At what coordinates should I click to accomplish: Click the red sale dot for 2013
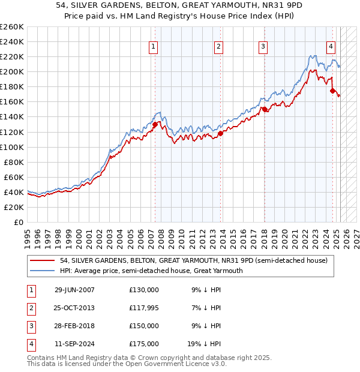pyautogui.click(x=220, y=133)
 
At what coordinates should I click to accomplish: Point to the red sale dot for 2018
pyautogui.click(x=264, y=109)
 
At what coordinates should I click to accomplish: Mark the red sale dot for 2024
pyautogui.click(x=332, y=91)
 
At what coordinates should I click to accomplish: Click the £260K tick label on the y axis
pyautogui.click(x=12, y=27)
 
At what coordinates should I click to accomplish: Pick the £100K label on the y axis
pyautogui.click(x=12, y=147)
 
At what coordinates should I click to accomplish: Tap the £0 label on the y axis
pyautogui.click(x=18, y=222)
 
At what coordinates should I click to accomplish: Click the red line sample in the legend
pyautogui.click(x=43, y=261)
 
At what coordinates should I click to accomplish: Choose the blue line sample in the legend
pyautogui.click(x=43, y=271)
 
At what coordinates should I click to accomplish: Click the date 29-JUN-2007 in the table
pyautogui.click(x=74, y=290)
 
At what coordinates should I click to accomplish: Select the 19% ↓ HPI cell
pyautogui.click(x=204, y=344)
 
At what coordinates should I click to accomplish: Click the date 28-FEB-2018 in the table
pyautogui.click(x=74, y=326)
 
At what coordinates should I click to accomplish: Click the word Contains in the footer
pyautogui.click(x=41, y=358)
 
